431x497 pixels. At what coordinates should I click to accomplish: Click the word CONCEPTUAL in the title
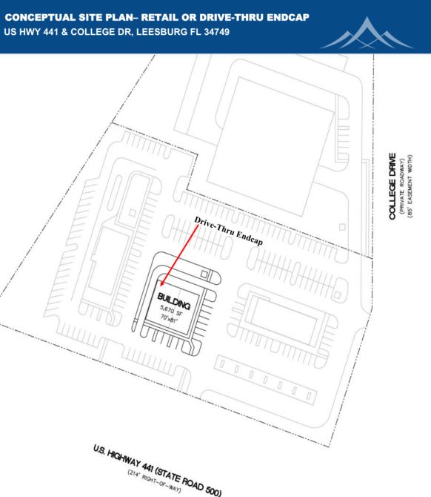pos(40,17)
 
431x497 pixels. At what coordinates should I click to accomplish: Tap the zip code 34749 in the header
pos(217,32)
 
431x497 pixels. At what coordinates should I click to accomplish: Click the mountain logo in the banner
pos(367,33)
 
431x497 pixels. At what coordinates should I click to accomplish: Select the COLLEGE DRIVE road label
pos(392,186)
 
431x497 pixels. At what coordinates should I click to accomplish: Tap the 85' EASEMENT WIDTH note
pos(410,186)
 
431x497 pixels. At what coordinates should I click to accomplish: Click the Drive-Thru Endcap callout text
pos(229,231)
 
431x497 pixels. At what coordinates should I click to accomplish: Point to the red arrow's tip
pos(161,286)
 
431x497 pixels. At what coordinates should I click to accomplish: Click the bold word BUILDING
pos(174,301)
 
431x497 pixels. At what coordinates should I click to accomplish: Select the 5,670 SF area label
pos(171,310)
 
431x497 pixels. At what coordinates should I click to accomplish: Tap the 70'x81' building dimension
pos(169,318)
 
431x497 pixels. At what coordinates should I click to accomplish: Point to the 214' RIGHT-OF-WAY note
pos(155,481)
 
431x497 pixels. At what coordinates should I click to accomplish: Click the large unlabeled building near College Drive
pos(270,146)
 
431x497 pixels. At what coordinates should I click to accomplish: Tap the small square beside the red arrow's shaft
pos(204,274)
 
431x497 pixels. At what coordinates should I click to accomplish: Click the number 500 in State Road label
pos(214,490)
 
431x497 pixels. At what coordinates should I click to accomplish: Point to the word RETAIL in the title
pos(159,17)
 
